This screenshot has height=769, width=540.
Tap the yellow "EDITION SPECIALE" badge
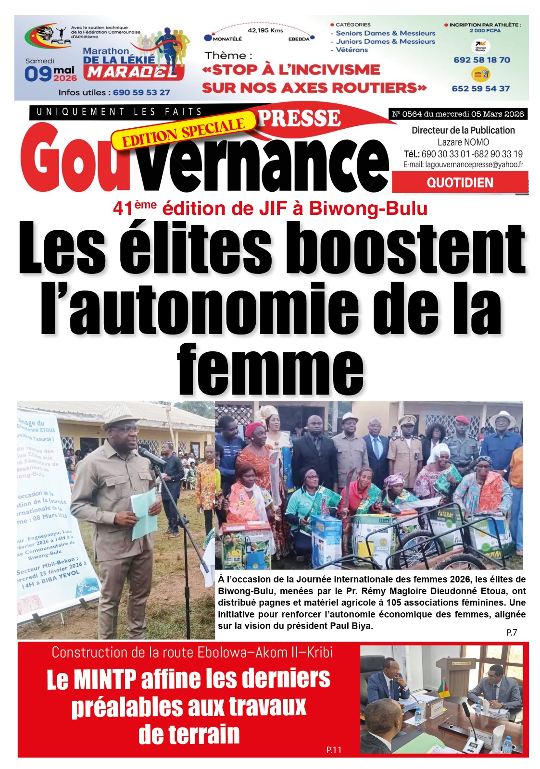[x=183, y=132]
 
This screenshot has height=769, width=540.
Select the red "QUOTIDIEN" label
[x=460, y=183]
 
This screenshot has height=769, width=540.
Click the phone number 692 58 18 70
[x=481, y=60]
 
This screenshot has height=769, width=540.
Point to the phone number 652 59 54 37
[x=480, y=88]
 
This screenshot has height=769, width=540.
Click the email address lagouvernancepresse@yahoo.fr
[x=463, y=165]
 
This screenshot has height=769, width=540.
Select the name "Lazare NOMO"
[x=463, y=142]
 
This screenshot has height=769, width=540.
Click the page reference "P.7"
[x=512, y=633]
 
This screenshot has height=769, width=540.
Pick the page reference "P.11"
[x=334, y=750]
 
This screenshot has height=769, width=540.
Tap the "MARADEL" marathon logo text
[x=133, y=73]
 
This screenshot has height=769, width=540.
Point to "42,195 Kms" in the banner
[x=265, y=30]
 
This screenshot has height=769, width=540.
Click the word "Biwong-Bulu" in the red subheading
[x=368, y=209]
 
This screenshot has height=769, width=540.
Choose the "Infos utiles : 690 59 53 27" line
[x=114, y=92]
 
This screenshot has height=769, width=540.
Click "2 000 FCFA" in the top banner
[x=485, y=31]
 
